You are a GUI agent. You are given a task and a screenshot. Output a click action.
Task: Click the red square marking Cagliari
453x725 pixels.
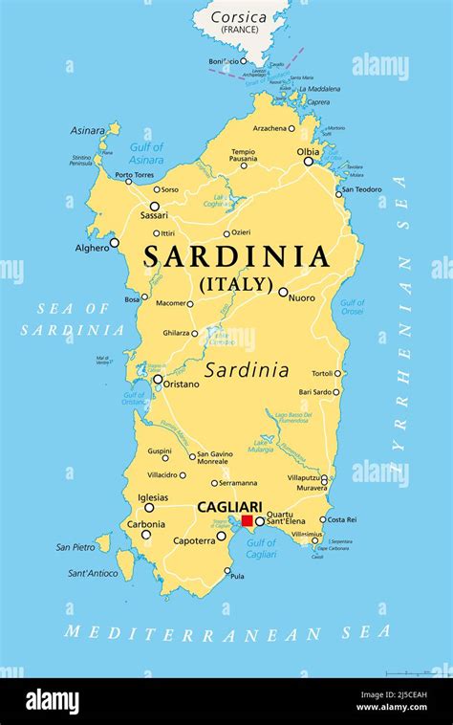[247, 520]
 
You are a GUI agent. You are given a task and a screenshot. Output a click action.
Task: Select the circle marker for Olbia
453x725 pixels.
[308, 162]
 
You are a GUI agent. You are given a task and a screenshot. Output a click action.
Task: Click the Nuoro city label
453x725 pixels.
[301, 298]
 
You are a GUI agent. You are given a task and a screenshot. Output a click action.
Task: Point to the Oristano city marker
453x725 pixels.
[158, 379]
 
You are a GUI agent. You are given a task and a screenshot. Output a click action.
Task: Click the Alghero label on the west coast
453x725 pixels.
[93, 248]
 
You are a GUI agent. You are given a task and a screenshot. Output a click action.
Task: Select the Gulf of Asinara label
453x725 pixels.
[145, 154]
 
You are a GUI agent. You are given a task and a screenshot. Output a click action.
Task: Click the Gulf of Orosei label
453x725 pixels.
[353, 307]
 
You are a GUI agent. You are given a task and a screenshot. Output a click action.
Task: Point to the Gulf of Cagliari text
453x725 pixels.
[261, 549]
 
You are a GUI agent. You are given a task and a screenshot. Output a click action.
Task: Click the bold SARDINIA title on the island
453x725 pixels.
[237, 257]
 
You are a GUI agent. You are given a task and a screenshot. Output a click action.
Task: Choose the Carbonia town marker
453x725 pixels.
[146, 534]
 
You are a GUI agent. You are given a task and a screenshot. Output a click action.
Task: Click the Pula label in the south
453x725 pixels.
[237, 577]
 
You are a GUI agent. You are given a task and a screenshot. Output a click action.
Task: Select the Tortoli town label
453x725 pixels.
[320, 374]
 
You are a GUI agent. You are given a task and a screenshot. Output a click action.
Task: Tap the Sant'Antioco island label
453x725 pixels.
[93, 574]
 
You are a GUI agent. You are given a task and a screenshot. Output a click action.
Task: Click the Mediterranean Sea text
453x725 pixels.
[227, 632]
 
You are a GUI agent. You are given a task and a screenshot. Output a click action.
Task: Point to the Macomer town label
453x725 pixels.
[171, 303]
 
